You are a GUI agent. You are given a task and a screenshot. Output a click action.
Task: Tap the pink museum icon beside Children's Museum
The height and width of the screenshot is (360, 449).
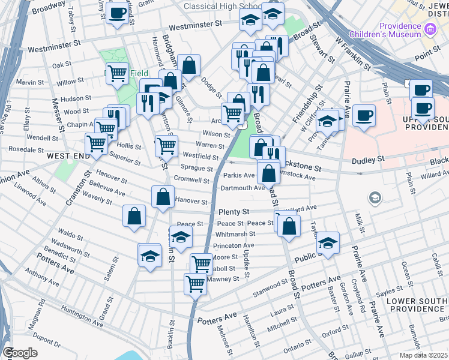pyautogui.click(x=430, y=29)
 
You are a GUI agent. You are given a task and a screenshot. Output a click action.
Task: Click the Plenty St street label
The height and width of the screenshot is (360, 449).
pyautogui.click(x=234, y=212)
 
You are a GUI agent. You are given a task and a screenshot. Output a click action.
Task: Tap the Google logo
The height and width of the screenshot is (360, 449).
pyautogui.click(x=20, y=353)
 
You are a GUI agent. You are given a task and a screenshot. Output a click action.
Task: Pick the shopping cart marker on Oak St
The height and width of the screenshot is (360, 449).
pyautogui.click(x=118, y=73)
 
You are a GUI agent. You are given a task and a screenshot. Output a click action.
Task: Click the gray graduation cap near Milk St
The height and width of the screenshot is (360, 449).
pyautogui.click(x=375, y=197)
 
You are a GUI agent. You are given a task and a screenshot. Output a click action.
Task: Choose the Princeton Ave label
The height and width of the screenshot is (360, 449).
pyautogui.click(x=234, y=245)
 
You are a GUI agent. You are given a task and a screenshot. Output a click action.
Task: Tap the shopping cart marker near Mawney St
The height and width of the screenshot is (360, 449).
pyautogui.click(x=196, y=283)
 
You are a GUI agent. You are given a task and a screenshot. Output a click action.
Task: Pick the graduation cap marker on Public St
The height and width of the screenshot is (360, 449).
pyautogui.click(x=328, y=242)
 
